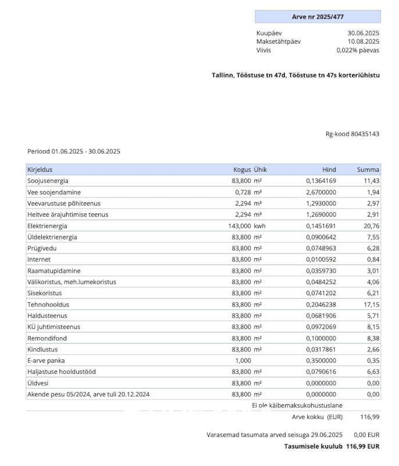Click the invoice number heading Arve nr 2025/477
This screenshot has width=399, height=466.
[x=318, y=17]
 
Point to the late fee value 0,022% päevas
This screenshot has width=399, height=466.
[x=358, y=50]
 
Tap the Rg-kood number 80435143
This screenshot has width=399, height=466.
[x=365, y=134]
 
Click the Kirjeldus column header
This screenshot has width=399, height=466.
[x=40, y=170]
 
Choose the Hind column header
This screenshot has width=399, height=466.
[x=329, y=170]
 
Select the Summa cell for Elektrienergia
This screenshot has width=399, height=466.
[x=371, y=226]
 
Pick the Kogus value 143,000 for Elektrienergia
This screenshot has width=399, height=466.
[x=239, y=226]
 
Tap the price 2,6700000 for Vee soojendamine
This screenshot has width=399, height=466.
[x=321, y=192]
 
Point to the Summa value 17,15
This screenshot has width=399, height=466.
[x=371, y=305]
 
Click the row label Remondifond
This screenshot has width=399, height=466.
[x=47, y=338]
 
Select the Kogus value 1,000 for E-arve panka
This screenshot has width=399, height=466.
[x=243, y=361]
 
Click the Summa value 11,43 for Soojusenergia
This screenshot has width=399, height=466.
[x=371, y=181]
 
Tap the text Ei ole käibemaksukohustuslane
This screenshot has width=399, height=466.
[x=297, y=405]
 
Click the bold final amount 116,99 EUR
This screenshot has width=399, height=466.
[x=362, y=446]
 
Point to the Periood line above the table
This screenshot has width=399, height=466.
[x=74, y=151]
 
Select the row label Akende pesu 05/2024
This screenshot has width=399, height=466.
[x=88, y=394]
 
